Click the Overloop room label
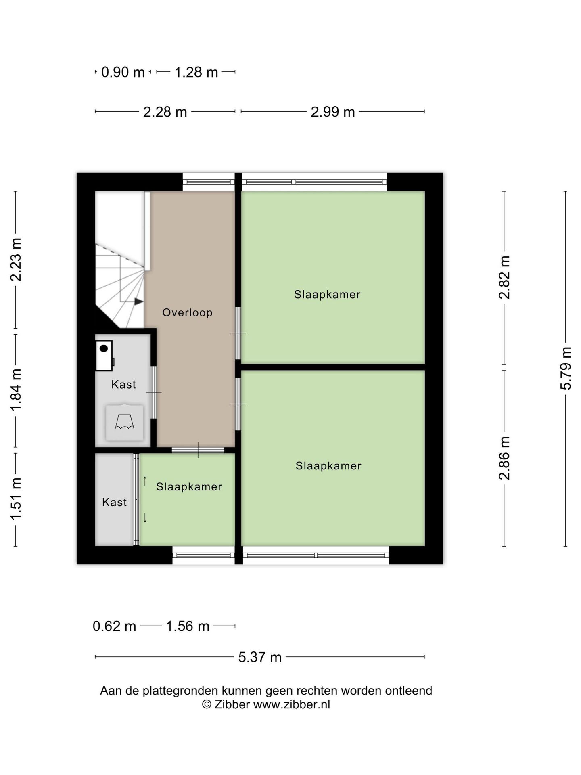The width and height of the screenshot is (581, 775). point(187,312)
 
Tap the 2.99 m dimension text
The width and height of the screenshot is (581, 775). point(332,112)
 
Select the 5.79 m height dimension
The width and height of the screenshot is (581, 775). point(566,368)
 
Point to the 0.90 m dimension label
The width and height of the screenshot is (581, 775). point(123,72)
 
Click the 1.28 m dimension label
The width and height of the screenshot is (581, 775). point(196,72)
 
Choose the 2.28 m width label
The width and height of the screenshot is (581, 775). point(165,112)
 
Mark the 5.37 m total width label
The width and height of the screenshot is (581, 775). point(260,657)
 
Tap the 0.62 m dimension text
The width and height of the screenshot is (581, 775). point(114,626)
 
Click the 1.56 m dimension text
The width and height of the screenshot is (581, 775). point(188,626)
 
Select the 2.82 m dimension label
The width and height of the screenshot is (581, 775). point(504,277)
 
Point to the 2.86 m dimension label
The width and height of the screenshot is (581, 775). point(504,458)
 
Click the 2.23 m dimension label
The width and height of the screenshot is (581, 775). point(16,260)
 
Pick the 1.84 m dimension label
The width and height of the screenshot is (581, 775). point(16,390)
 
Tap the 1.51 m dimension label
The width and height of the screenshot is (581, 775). point(16,499)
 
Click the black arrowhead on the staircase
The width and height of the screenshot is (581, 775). point(139,301)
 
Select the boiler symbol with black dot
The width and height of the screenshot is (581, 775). point(104,356)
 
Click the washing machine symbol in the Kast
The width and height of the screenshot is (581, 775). point(124,422)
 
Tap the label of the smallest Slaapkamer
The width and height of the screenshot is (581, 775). point(189,487)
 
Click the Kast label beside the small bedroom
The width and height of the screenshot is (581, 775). point(114,502)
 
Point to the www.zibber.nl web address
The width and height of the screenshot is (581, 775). point(291,705)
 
